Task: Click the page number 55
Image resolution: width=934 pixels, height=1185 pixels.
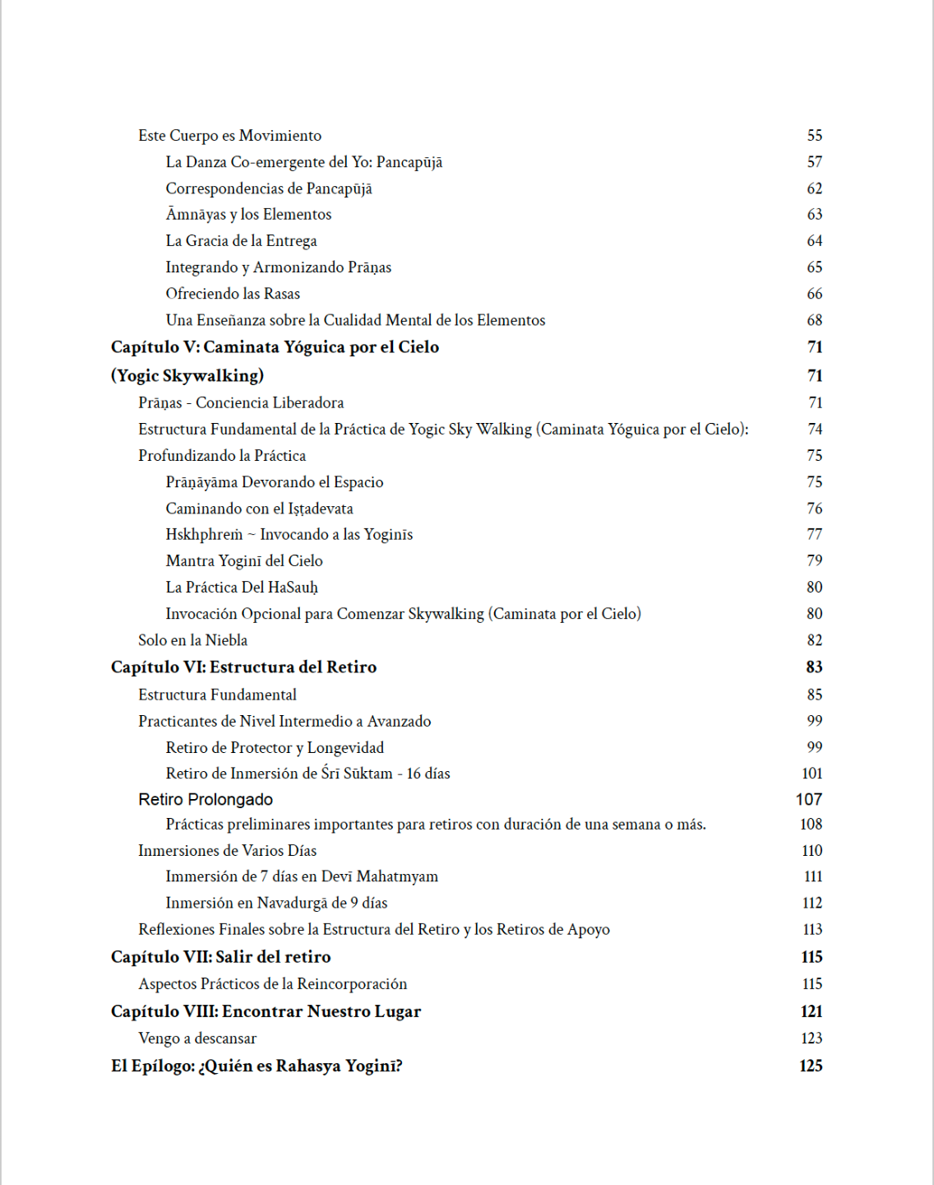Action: (x=814, y=136)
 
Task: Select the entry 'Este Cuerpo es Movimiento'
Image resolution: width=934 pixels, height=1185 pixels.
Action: (x=229, y=136)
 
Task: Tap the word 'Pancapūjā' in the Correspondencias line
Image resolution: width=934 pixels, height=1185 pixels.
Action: (x=339, y=188)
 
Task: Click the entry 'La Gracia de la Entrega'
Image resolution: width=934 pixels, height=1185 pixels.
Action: (x=241, y=241)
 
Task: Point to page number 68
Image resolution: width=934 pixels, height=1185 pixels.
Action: (x=814, y=320)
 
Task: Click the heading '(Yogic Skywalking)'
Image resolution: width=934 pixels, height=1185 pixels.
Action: (x=187, y=376)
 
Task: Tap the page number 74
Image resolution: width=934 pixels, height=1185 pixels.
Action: (x=814, y=429)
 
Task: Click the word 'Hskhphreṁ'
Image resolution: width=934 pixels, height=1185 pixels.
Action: (x=204, y=535)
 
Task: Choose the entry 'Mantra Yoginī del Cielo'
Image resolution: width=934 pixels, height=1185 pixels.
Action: (x=244, y=561)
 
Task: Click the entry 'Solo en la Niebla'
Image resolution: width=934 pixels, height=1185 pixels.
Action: (x=192, y=640)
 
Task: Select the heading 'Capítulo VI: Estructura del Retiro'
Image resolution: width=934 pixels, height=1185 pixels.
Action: (x=243, y=667)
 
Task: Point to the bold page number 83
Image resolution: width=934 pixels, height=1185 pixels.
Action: (x=814, y=667)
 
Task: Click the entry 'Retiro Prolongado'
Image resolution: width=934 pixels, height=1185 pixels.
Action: (x=206, y=799)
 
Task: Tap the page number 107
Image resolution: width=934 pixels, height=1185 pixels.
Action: (x=809, y=799)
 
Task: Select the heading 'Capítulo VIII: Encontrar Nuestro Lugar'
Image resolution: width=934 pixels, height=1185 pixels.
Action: (x=266, y=1011)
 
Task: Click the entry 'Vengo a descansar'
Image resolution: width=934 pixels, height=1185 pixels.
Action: (x=197, y=1039)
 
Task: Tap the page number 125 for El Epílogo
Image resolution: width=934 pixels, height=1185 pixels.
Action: (x=811, y=1066)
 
